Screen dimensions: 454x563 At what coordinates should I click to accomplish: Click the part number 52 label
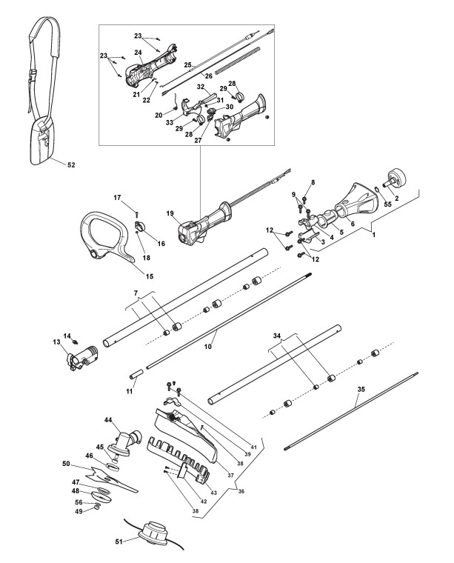(71, 164)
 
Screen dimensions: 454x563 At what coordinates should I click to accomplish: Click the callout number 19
(170, 213)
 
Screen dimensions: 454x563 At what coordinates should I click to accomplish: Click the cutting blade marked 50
(112, 480)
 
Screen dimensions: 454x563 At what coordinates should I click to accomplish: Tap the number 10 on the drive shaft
(208, 347)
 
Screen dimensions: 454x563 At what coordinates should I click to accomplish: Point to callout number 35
(361, 389)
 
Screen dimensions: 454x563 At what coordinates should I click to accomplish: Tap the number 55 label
(388, 203)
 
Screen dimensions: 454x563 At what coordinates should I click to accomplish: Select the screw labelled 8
(304, 197)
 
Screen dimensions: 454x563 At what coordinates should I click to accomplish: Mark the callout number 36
(241, 491)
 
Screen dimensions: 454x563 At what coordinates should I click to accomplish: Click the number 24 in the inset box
(138, 53)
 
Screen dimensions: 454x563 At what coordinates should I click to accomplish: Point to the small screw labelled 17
(136, 214)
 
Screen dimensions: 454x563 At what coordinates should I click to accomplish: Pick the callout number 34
(277, 336)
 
